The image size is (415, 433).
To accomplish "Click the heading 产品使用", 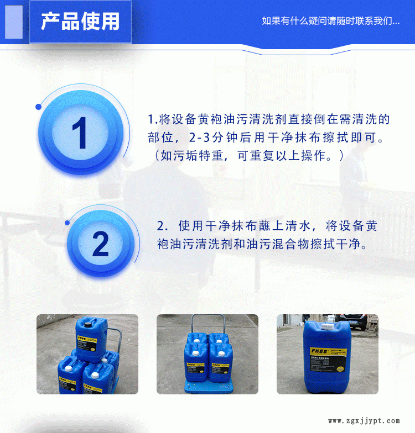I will click(80, 22).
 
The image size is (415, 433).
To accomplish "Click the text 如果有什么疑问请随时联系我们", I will click(330, 22).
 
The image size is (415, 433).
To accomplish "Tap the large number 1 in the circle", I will click(79, 133).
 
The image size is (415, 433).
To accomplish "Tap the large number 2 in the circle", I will click(100, 243).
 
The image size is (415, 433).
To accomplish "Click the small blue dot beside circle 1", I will click(38, 107).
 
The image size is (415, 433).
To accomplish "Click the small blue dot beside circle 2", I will click(67, 223).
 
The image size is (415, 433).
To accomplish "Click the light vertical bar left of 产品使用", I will click(14, 22).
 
